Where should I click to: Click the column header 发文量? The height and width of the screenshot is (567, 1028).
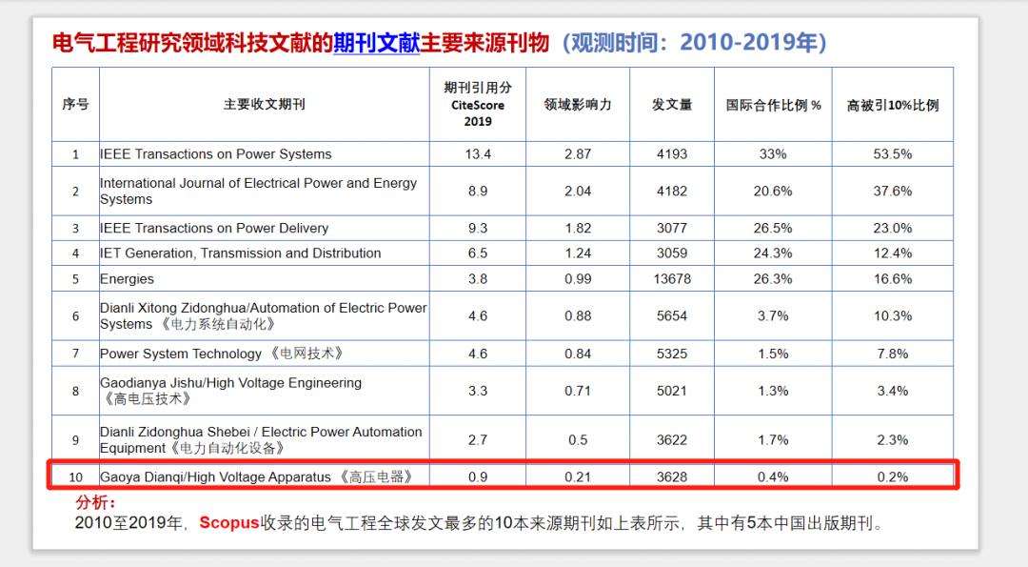click(x=671, y=105)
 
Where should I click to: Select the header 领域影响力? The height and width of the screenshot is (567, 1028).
click(x=577, y=105)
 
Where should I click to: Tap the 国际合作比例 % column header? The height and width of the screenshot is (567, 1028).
click(x=773, y=105)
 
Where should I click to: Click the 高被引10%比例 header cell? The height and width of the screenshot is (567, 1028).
click(x=892, y=105)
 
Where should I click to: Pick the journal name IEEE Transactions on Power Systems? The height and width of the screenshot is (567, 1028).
click(x=216, y=154)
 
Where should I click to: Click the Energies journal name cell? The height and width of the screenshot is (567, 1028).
click(x=127, y=279)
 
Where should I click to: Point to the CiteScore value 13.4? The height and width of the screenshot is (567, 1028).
click(x=478, y=154)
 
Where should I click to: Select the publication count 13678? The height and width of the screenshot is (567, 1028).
click(x=671, y=279)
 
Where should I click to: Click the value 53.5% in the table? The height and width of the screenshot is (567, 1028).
click(x=892, y=154)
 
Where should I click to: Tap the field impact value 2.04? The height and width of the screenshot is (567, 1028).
click(x=577, y=192)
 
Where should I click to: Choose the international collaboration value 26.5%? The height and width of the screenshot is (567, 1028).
click(x=773, y=229)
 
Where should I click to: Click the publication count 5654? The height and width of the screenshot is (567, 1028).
click(x=671, y=316)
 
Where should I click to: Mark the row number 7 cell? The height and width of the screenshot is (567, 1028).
click(x=75, y=354)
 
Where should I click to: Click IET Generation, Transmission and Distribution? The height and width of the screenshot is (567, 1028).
click(x=240, y=253)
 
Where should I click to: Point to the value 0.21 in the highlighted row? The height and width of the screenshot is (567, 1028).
click(x=577, y=476)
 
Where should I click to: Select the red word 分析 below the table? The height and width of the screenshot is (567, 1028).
click(x=95, y=502)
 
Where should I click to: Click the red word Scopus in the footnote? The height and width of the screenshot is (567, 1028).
click(x=228, y=523)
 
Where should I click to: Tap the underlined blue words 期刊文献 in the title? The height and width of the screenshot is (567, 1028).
click(x=376, y=43)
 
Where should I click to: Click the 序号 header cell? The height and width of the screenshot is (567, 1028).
click(x=75, y=105)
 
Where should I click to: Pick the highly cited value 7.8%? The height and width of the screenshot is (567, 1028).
click(x=892, y=354)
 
